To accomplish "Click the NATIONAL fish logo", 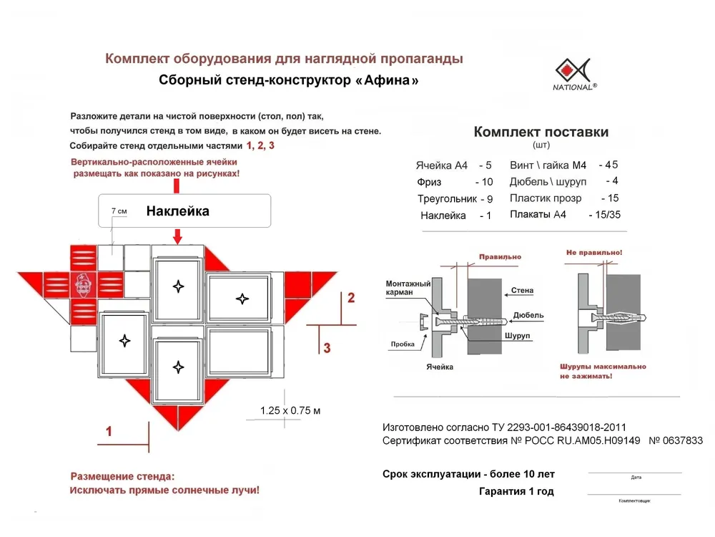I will tap(576, 70).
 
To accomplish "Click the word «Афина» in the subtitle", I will tap(386, 81).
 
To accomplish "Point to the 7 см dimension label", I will tap(119, 212).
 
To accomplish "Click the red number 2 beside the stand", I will tap(350, 298).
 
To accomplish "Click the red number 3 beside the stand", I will tap(327, 349).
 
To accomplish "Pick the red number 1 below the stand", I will tap(109, 431).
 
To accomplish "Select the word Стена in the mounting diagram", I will tap(522, 291).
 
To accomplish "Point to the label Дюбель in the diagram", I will tap(528, 315).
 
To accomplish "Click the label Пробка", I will tap(403, 344).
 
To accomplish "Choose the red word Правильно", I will tap(500, 256).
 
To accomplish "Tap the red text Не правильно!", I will tap(594, 253).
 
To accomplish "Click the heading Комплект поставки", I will tap(541, 132).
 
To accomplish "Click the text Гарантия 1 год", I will tap(516, 491).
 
